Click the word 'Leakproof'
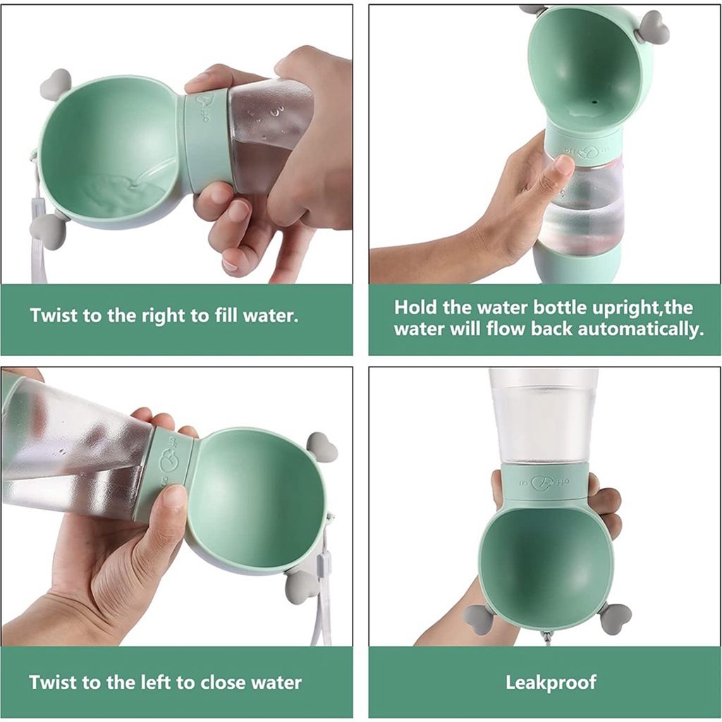click(x=551, y=683)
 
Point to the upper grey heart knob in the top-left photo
click(x=56, y=85)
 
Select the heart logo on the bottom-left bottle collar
click(x=169, y=461)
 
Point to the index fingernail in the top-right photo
click(x=565, y=164)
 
